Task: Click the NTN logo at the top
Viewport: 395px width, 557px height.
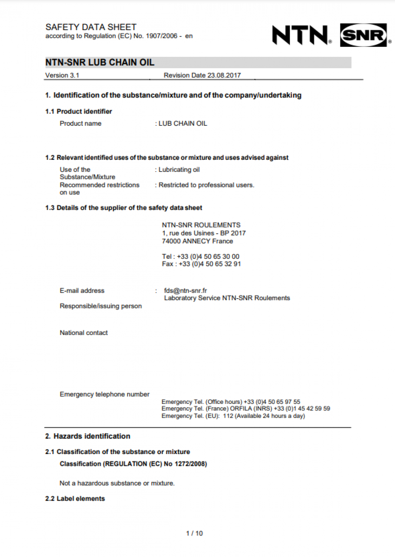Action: pos(301,35)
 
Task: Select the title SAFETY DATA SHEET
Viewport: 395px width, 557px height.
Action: pos(91,27)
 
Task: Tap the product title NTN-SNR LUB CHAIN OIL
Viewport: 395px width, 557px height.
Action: pos(100,62)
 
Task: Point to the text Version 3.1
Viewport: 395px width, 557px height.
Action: pos(62,75)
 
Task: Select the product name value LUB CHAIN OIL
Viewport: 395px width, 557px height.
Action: pos(182,123)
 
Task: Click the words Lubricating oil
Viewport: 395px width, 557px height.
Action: pos(179,170)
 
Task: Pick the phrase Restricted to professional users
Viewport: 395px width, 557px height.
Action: pos(206,185)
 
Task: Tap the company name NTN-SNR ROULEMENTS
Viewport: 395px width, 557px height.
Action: pos(201,225)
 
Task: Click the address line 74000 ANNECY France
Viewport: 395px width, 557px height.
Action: pos(197,241)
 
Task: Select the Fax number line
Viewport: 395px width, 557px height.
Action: pos(201,264)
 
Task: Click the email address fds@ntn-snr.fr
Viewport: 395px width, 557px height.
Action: pos(186,291)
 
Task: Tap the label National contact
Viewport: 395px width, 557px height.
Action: pos(84,333)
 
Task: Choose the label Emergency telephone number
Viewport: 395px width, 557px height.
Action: pos(105,394)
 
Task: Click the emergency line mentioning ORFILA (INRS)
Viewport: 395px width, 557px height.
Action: pos(246,409)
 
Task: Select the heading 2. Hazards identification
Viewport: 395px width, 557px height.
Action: pos(88,436)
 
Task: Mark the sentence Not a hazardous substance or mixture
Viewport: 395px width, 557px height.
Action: pos(117,483)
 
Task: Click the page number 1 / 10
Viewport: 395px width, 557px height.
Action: pos(194,533)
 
